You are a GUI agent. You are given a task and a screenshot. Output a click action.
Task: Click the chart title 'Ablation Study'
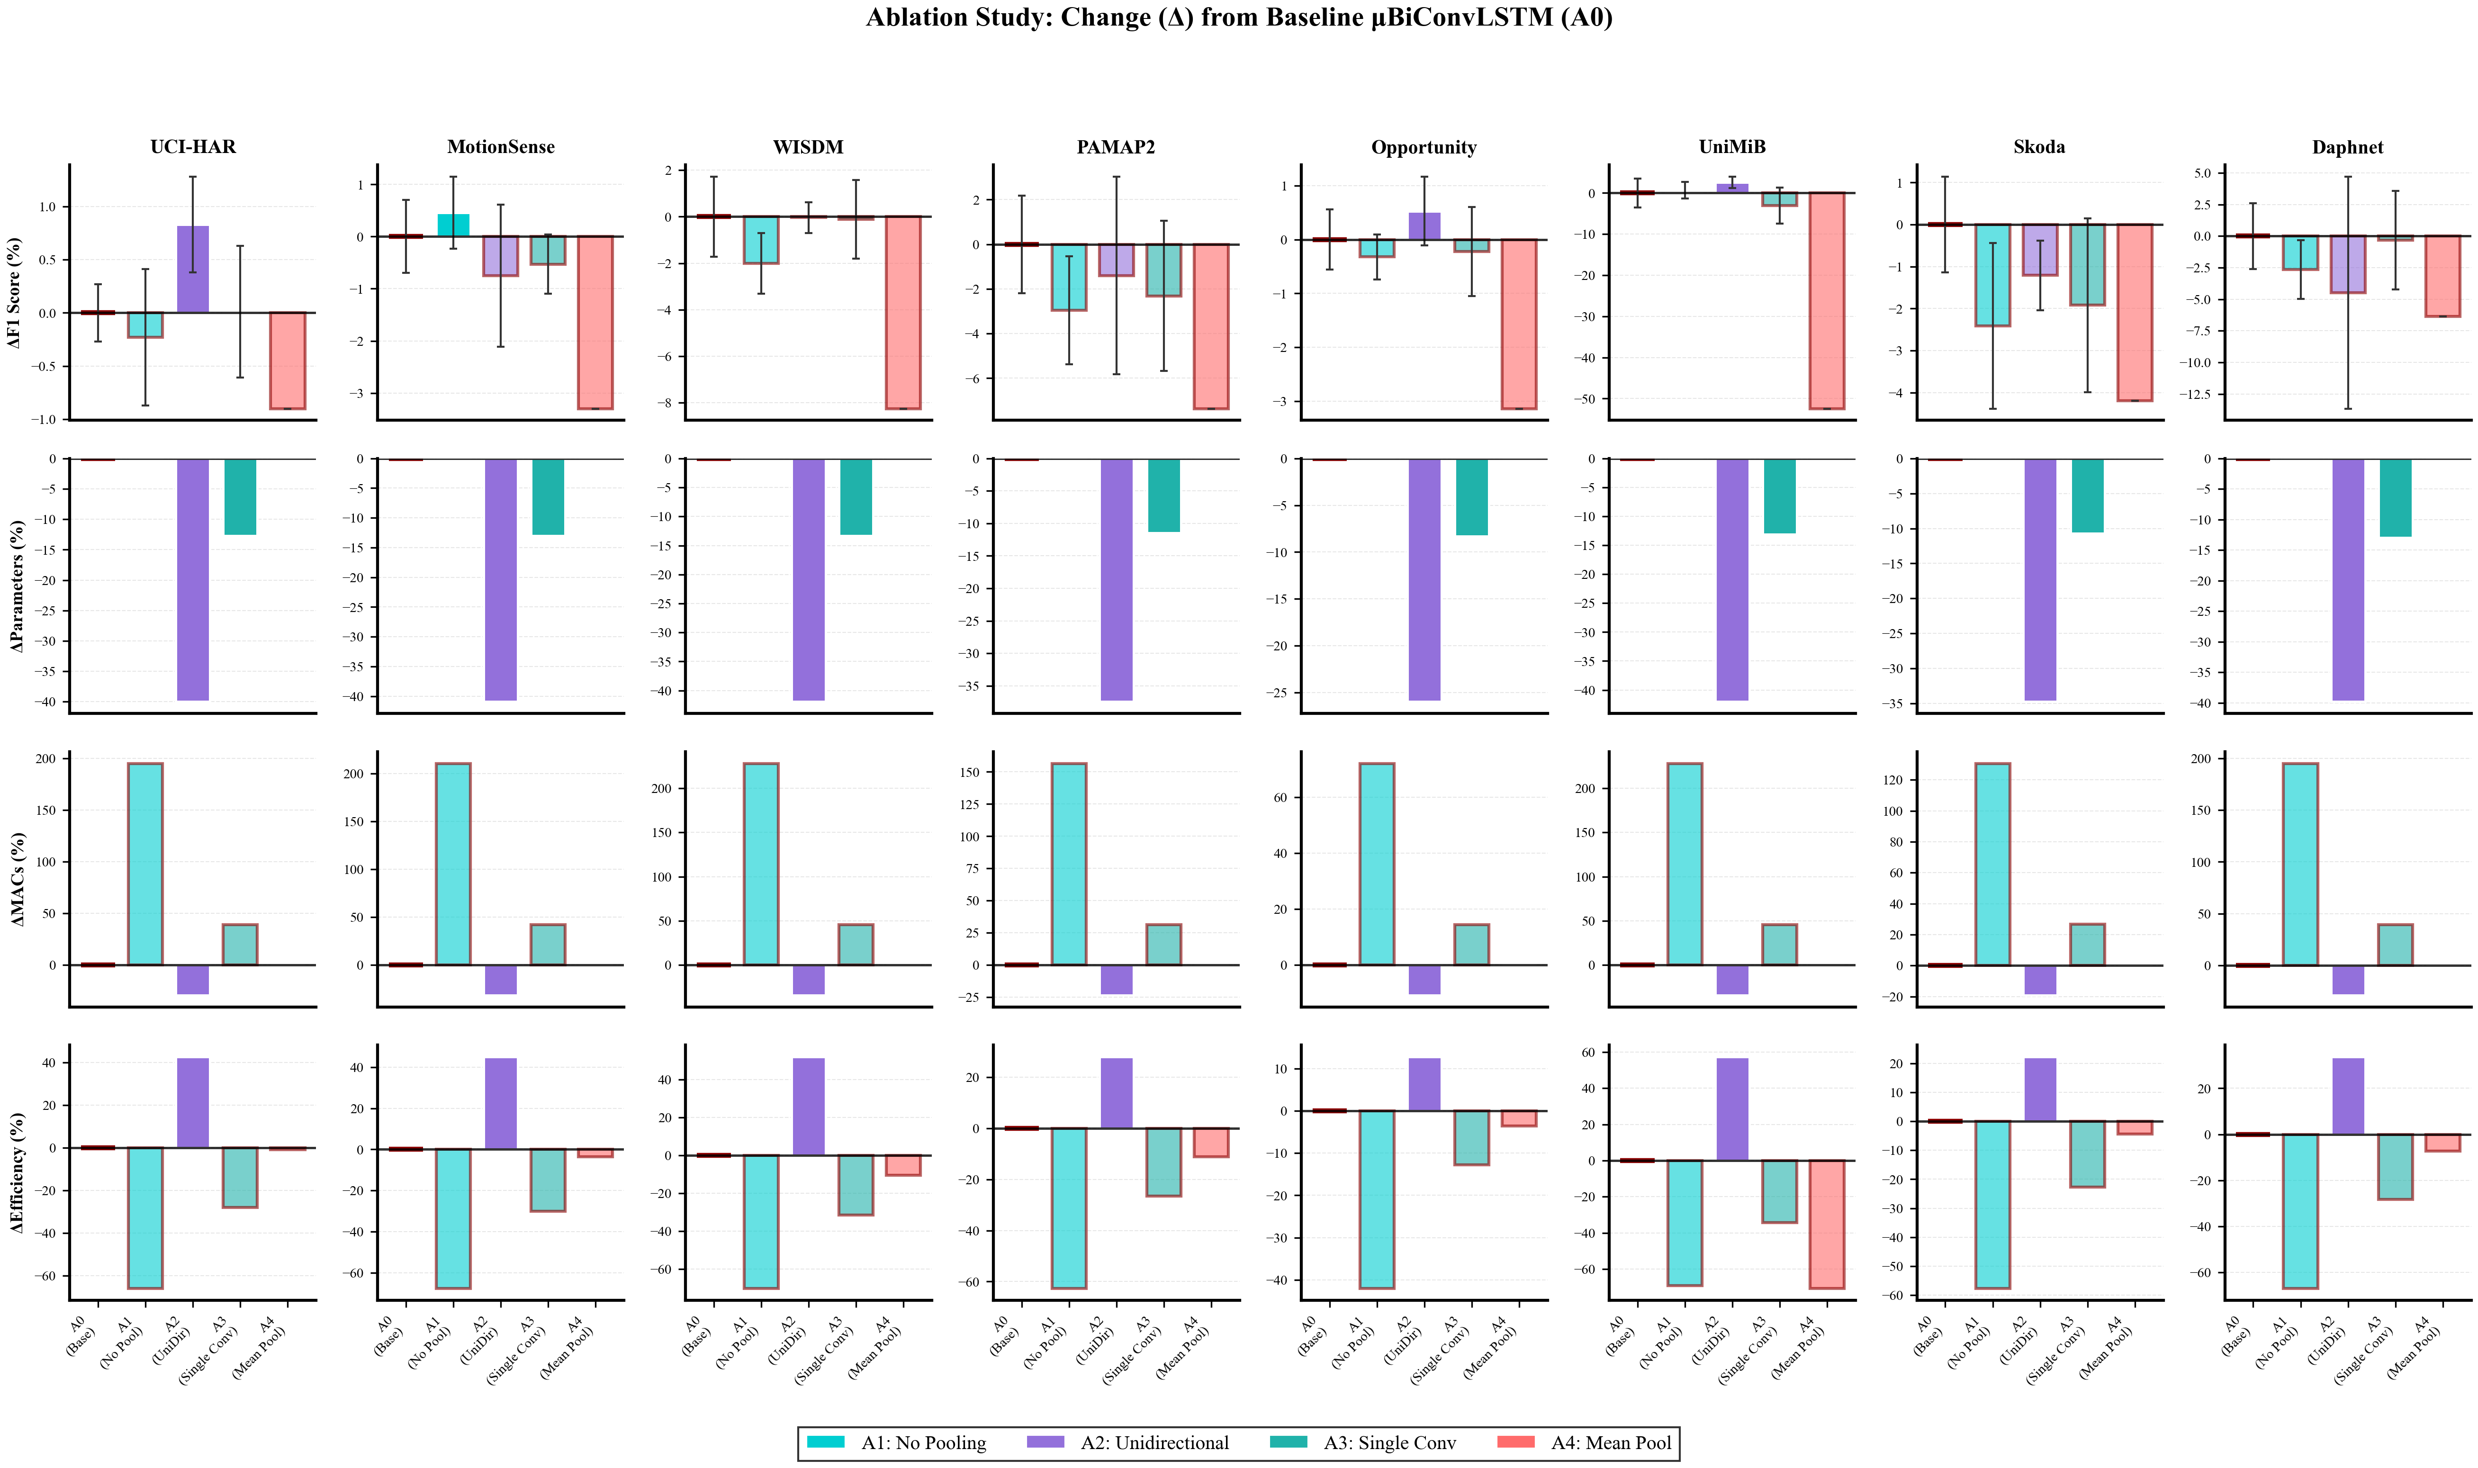[x=1238, y=18]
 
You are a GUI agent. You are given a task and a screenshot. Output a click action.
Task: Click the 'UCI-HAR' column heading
[x=193, y=147]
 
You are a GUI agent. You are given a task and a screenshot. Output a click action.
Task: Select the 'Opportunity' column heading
[x=1424, y=147]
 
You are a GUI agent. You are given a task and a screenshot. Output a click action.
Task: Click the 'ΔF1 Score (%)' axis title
[x=15, y=293]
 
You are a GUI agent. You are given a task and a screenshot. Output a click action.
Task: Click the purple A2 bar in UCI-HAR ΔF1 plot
[x=193, y=269]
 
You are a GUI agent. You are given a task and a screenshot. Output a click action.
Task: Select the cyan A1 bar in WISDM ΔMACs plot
[x=761, y=864]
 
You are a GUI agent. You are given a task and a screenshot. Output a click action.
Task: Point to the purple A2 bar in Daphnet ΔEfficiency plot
[x=2347, y=1096]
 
